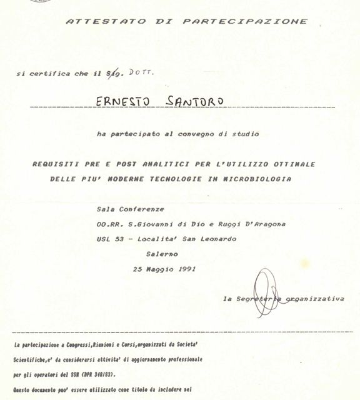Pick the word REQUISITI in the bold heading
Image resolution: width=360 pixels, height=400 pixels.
(55, 164)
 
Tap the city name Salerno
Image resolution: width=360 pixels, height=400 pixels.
(162, 254)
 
